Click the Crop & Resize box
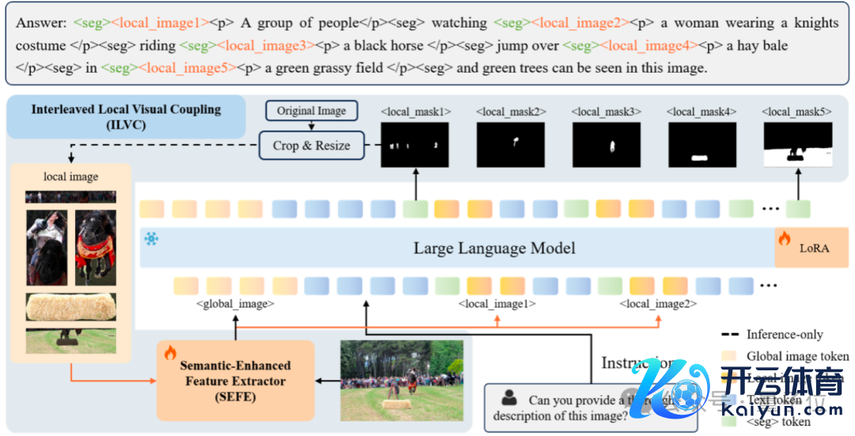pos(311,146)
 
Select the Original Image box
pos(311,111)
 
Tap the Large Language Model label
pos(494,248)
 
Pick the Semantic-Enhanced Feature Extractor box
pos(235,381)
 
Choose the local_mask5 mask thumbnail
pos(797,146)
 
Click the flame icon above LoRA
pos(785,237)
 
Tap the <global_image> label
pos(235,303)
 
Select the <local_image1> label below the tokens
pos(497,303)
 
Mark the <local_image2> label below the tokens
pos(659,303)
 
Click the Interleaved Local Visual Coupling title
pos(127,116)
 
